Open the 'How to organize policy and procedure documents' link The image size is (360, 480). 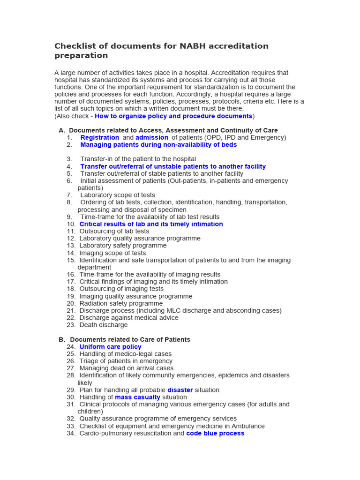(x=173, y=116)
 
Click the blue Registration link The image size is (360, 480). (x=99, y=137)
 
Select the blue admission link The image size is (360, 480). (x=152, y=137)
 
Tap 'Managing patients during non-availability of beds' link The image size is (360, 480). (x=158, y=145)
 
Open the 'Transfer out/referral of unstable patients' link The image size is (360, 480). (x=173, y=166)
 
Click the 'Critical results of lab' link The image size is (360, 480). (x=151, y=224)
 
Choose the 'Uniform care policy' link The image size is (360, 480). (x=110, y=347)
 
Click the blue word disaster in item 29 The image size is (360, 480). (x=180, y=390)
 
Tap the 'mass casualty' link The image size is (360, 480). (x=137, y=397)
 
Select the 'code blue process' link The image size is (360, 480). (x=215, y=434)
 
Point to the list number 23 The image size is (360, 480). (x=71, y=325)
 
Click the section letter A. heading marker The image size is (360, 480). (x=62, y=130)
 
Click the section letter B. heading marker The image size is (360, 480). (x=62, y=339)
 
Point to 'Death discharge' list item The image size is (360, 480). (x=103, y=325)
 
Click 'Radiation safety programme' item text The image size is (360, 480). (x=121, y=303)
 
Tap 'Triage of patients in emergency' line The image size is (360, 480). (x=126, y=361)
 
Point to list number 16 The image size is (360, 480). (x=71, y=275)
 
